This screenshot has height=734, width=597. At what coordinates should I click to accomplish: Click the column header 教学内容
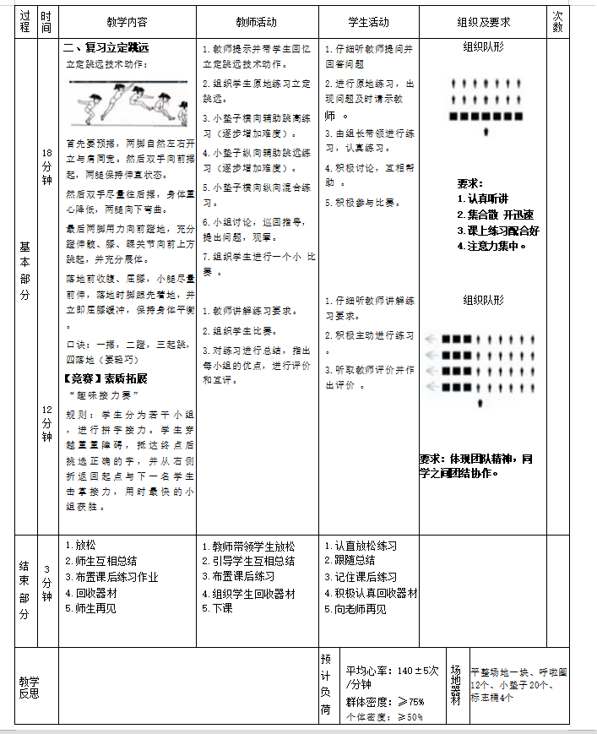[127, 22]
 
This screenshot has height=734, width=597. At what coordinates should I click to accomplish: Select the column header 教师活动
[257, 22]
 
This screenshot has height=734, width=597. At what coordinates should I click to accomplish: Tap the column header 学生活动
[369, 22]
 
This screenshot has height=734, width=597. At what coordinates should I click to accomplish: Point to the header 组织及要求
[483, 22]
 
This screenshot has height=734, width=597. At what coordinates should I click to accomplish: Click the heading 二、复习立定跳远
[107, 49]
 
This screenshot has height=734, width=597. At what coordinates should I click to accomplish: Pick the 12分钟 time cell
[46, 422]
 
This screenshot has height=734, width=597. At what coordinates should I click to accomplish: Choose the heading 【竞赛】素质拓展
[106, 378]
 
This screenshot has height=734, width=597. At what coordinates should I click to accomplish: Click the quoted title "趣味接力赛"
[104, 394]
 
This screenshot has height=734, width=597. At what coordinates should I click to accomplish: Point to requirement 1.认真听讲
[482, 198]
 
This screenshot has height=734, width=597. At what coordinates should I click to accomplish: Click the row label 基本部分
[24, 270]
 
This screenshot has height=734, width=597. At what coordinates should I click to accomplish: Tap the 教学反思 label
[30, 687]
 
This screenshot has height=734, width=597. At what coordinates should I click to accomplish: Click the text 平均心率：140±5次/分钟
[391, 677]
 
